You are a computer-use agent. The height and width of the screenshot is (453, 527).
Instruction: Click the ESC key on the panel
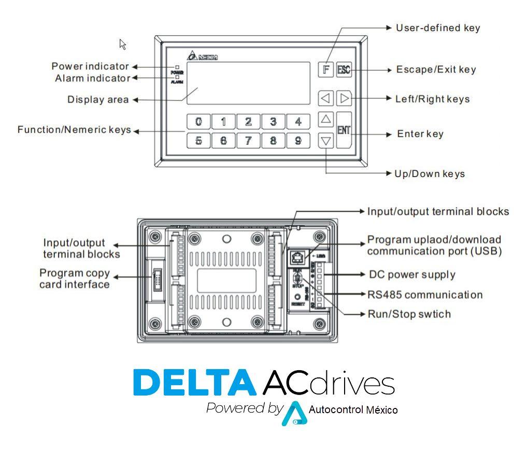[x=344, y=70]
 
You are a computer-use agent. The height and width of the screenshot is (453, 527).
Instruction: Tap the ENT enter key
[x=344, y=130]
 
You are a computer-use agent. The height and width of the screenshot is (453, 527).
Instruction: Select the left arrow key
[x=325, y=98]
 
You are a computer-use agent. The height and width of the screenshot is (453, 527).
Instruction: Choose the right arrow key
[x=344, y=98]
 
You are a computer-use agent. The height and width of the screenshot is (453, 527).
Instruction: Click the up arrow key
[x=325, y=120]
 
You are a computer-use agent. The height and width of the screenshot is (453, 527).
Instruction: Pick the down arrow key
[x=325, y=140]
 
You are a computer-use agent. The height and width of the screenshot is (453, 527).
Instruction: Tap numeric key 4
[x=298, y=122]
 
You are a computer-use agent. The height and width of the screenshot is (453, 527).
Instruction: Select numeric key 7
[x=248, y=140]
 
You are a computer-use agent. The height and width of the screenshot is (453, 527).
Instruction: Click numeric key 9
[x=298, y=140]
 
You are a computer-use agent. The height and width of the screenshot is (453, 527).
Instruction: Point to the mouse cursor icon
[x=122, y=44]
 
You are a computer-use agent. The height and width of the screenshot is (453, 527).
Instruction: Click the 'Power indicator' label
[x=90, y=66]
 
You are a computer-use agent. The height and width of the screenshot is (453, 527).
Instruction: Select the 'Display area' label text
[x=98, y=99]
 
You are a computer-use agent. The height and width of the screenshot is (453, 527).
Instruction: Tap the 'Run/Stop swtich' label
[x=409, y=314]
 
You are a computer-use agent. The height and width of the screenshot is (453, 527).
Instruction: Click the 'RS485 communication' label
[x=425, y=295]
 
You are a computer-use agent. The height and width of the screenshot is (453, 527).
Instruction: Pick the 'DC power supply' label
[x=412, y=275]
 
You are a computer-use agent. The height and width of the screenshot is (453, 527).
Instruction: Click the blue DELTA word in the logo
[x=195, y=383]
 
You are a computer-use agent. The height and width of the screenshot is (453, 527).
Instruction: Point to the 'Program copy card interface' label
[x=75, y=279]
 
